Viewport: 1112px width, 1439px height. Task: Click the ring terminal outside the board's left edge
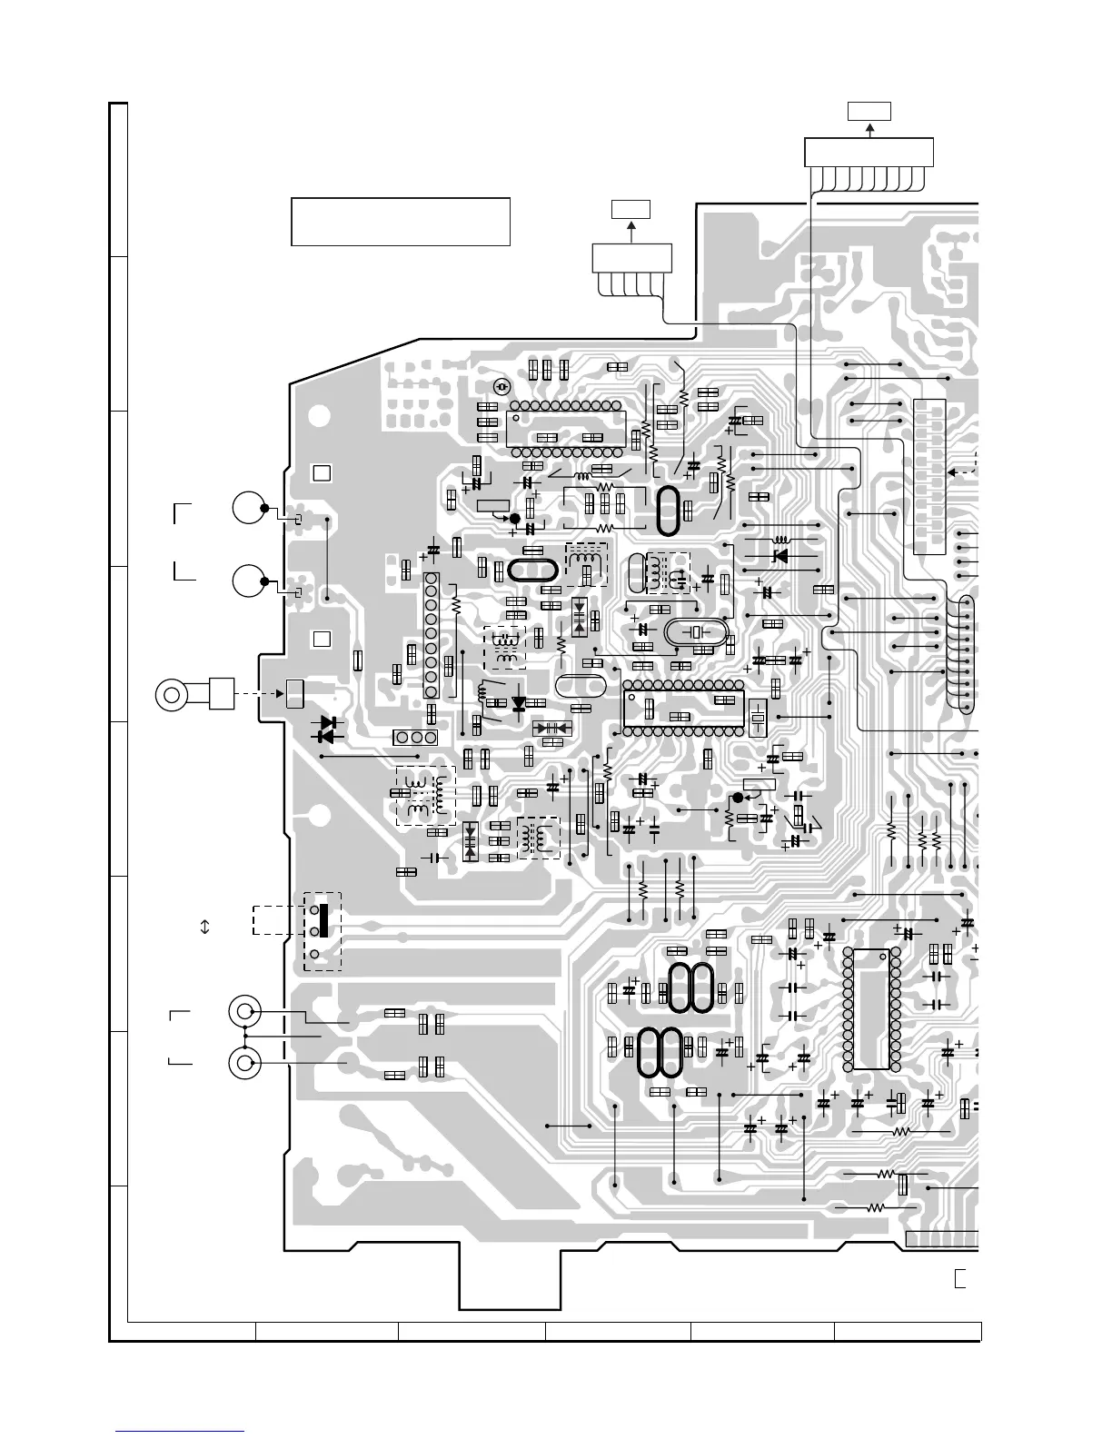(x=172, y=695)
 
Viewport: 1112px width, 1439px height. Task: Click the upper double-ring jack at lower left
(x=244, y=1011)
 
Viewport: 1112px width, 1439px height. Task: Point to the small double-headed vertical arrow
(x=204, y=927)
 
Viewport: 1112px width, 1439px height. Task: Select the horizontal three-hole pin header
(x=415, y=738)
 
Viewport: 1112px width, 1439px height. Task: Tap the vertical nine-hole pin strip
(x=432, y=635)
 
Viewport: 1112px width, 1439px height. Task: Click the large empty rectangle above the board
(x=400, y=221)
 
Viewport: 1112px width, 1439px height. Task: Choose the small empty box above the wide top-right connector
(x=869, y=112)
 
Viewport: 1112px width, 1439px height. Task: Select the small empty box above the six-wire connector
(x=631, y=210)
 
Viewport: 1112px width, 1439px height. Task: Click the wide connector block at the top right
(x=869, y=152)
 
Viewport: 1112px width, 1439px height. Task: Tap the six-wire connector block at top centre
(x=631, y=257)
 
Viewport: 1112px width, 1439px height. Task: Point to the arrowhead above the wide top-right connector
(x=869, y=128)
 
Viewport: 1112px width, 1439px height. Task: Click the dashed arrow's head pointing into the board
(x=283, y=694)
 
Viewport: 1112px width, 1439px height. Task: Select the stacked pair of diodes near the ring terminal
(x=327, y=729)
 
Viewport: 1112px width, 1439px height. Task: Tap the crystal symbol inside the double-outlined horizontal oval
(x=697, y=633)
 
